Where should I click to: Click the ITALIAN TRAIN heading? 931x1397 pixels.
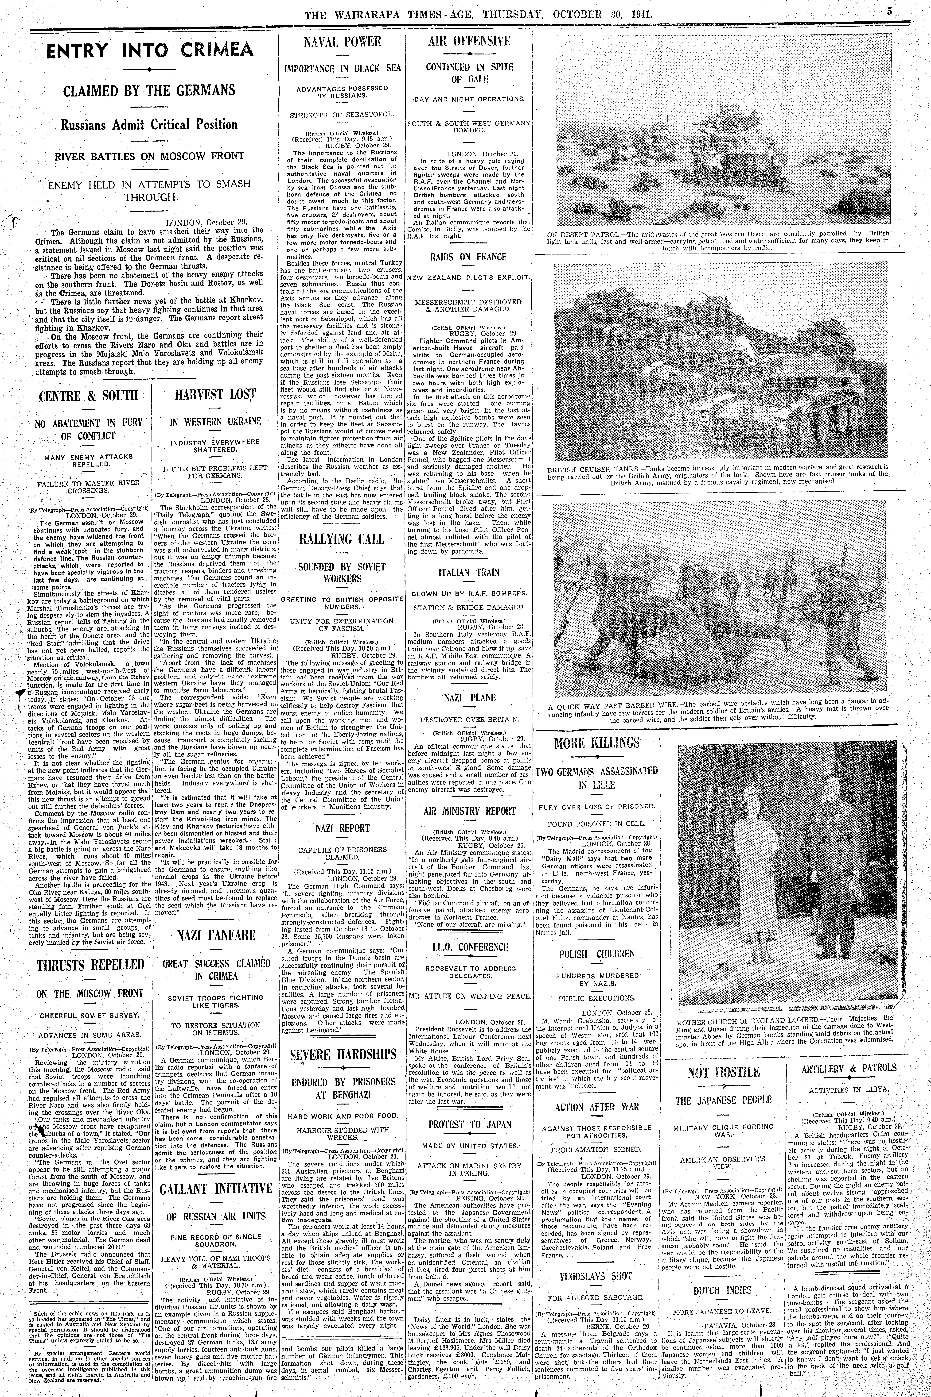(x=469, y=573)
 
